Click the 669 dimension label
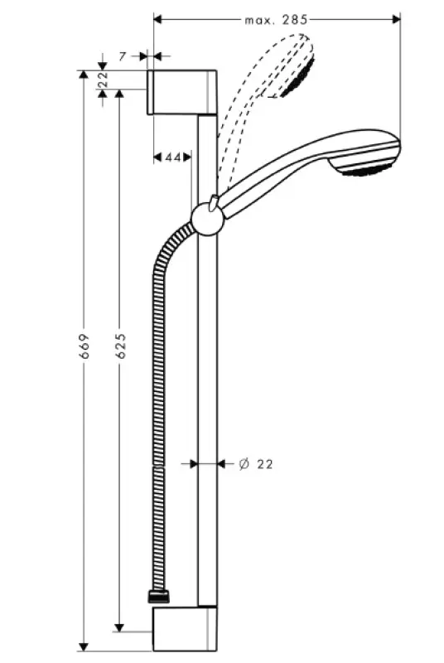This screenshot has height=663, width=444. tap(83, 353)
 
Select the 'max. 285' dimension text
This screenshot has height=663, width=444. tap(276, 17)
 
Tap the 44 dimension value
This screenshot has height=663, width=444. tap(173, 157)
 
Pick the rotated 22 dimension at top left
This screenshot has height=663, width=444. tap(103, 80)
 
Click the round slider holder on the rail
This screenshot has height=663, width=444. tap(207, 220)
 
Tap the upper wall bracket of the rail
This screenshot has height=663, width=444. tap(183, 92)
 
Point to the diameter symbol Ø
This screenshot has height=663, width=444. tap(244, 464)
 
